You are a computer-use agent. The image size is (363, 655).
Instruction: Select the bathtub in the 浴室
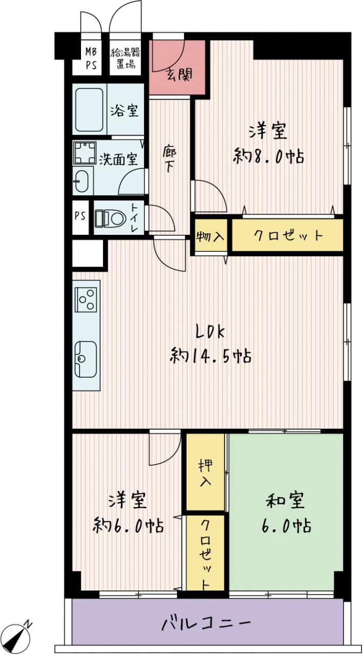coord(89,110)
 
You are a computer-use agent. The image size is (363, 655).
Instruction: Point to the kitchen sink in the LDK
coord(86,359)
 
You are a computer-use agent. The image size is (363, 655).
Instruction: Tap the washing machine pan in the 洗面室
coord(85,152)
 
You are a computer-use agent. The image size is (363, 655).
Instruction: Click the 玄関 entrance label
coord(179,75)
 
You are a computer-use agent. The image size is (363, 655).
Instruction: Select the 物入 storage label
coord(210,236)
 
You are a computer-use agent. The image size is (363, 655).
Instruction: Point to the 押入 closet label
coord(206,473)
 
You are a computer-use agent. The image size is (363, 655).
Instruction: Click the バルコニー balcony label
coord(206,624)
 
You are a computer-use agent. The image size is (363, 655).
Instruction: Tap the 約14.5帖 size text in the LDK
coord(210,356)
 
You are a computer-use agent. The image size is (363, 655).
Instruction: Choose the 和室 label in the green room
coord(285,500)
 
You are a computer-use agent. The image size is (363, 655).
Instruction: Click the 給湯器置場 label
coord(125,58)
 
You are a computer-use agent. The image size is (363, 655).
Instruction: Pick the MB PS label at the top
coord(91,58)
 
